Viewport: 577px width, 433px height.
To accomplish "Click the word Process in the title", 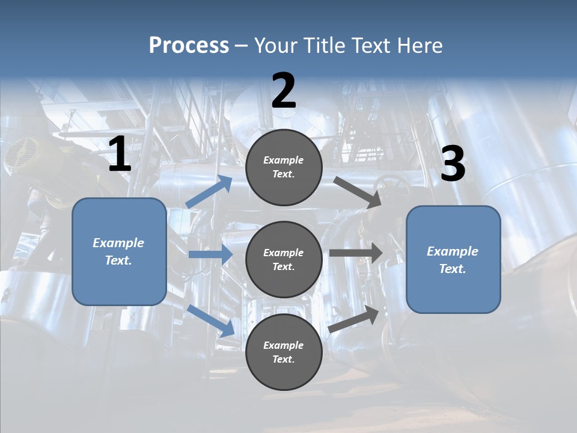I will (x=189, y=46).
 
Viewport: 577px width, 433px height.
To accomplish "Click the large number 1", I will (x=120, y=155).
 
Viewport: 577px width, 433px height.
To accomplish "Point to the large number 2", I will (x=284, y=91).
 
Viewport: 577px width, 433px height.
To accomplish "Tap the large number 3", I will (x=453, y=164).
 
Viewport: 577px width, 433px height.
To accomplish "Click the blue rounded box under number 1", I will (x=119, y=251).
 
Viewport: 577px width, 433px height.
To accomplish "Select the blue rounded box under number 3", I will (x=453, y=259).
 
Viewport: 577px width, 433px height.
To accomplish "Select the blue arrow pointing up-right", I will (x=209, y=192).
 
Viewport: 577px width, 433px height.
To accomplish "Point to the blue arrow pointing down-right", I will (x=211, y=320).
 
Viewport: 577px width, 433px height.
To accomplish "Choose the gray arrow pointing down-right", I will (x=357, y=192).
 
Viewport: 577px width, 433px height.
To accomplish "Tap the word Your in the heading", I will (x=275, y=46).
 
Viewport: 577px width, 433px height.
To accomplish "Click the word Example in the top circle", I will (x=284, y=160).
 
